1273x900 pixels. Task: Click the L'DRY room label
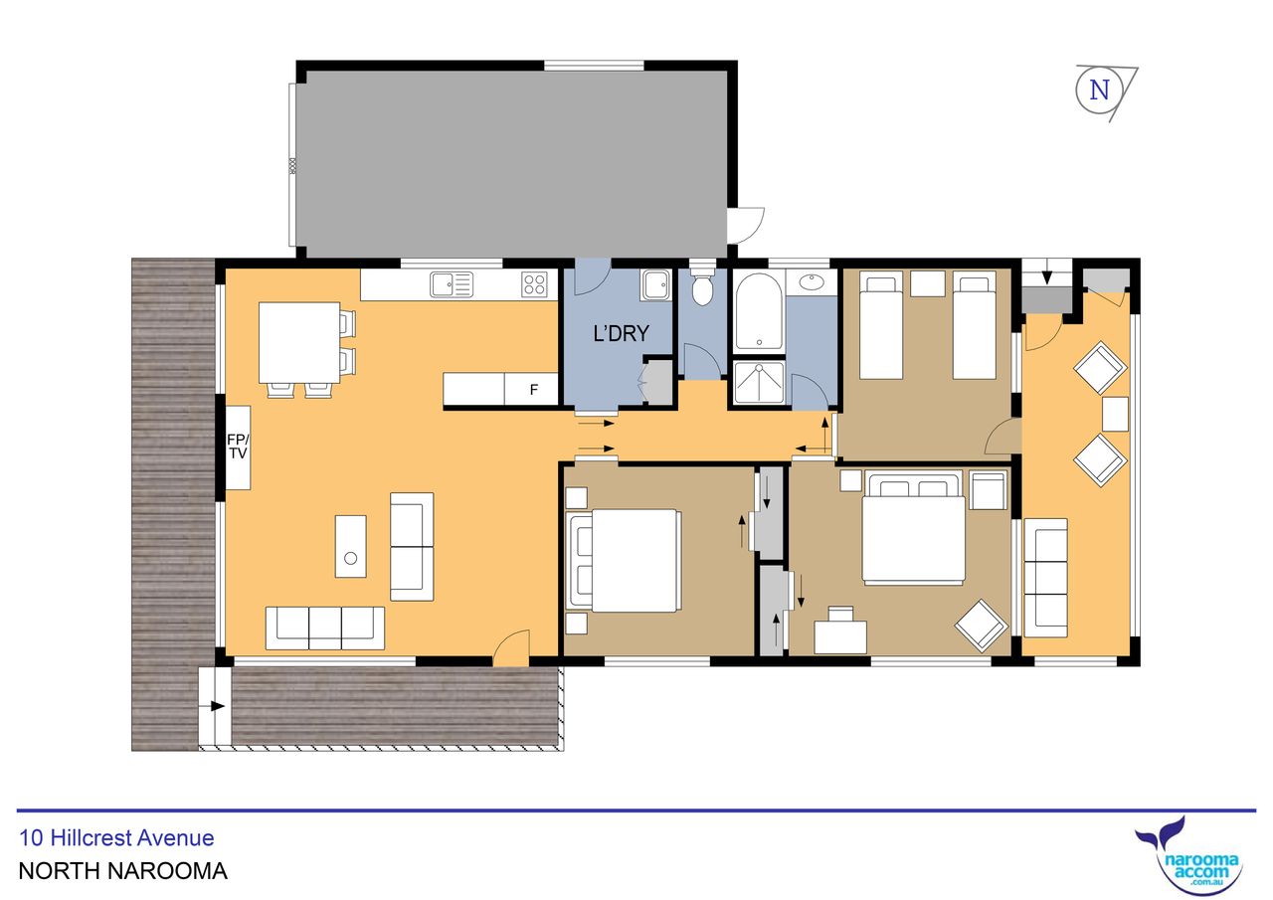[x=621, y=333]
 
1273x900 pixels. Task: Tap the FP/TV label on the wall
[x=238, y=447]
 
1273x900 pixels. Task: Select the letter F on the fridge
[x=534, y=390]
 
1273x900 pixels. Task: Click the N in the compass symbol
[x=1099, y=90]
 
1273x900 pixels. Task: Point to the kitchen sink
[x=452, y=284]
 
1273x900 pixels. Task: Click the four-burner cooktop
[x=534, y=284]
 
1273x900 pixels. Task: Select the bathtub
[x=759, y=311]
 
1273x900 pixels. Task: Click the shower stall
[x=759, y=382]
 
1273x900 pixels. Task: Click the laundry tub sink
[x=655, y=285]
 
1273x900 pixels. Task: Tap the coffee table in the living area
[x=351, y=547]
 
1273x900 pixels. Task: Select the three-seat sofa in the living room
[x=325, y=628]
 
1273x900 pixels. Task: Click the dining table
[x=299, y=343]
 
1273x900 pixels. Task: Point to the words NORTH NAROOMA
[x=122, y=871]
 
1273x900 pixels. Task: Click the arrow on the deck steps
[x=218, y=706]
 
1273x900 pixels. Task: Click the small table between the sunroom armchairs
[x=1115, y=414]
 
